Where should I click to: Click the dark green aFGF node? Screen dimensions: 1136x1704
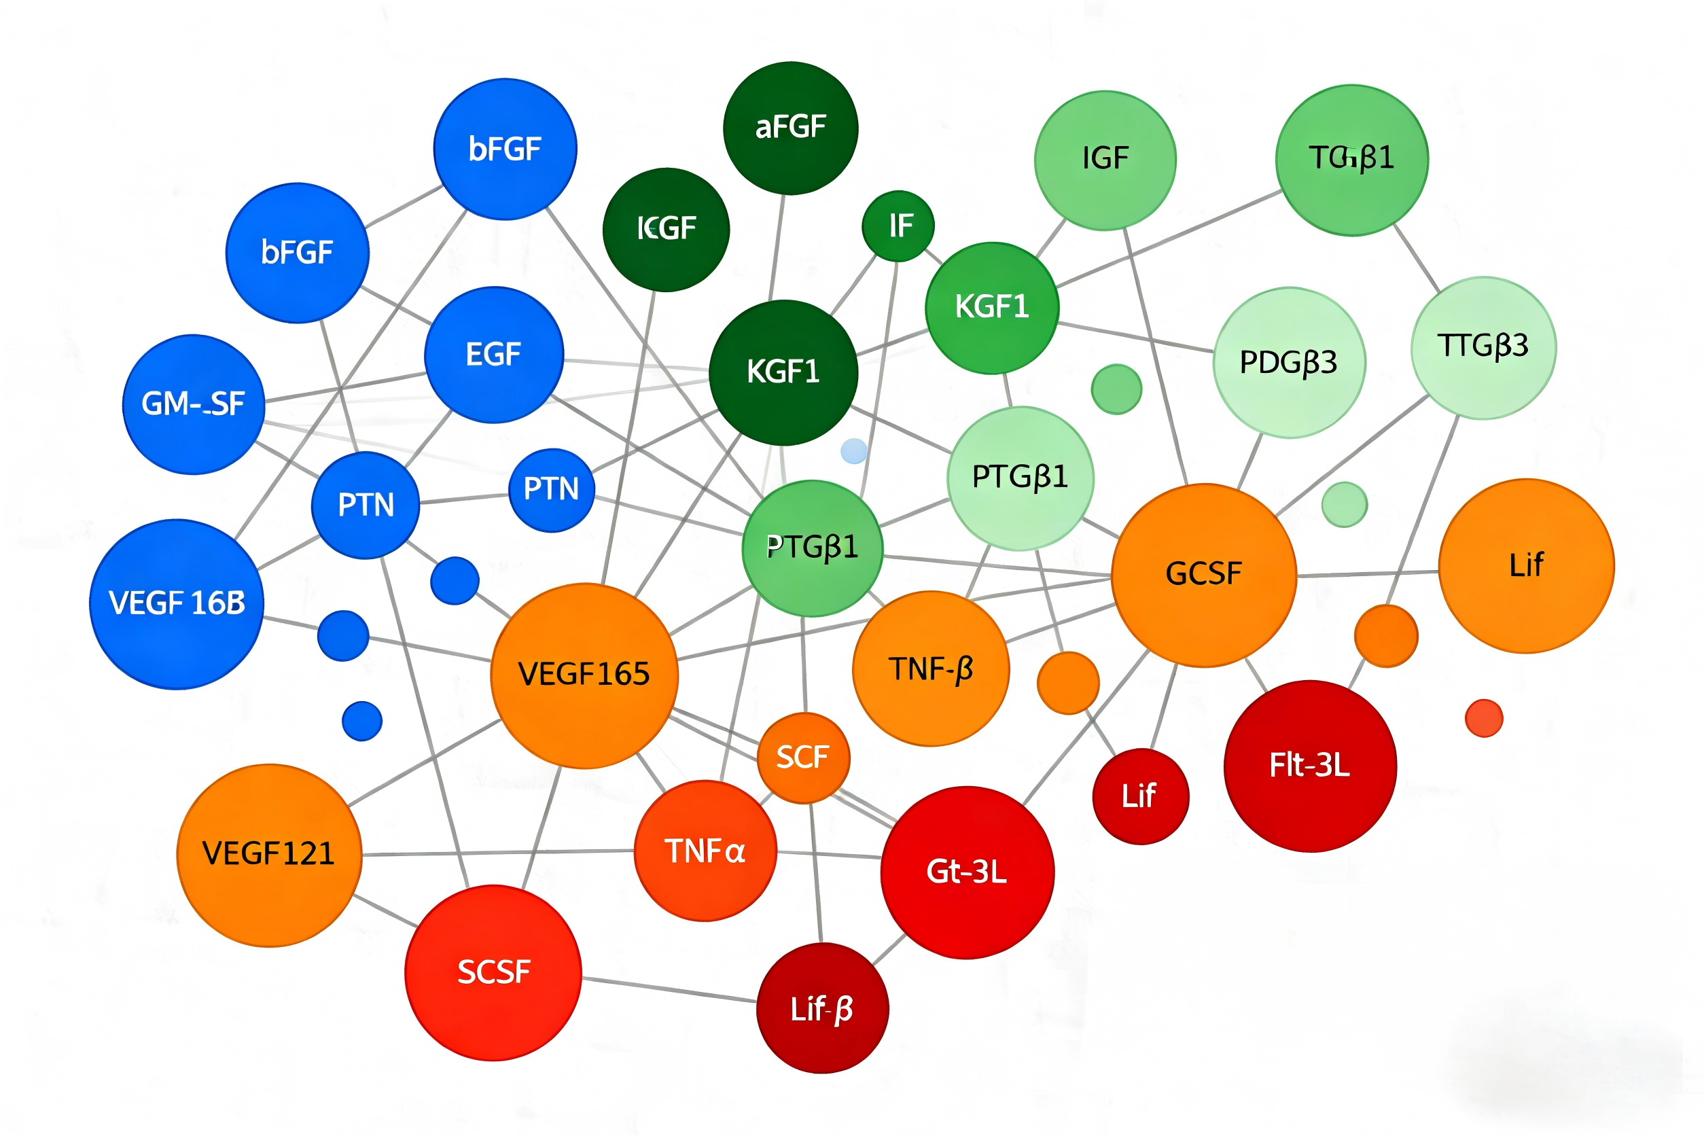pyautogui.click(x=790, y=128)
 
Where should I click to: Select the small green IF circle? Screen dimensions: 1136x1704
pyautogui.click(x=898, y=226)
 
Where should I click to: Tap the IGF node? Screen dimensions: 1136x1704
pyautogui.click(x=1105, y=160)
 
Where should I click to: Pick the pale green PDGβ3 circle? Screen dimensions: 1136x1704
pyautogui.click(x=1289, y=363)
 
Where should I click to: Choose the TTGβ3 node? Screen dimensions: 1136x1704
pyautogui.click(x=1483, y=347)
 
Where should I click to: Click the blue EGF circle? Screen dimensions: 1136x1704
pyautogui.click(x=494, y=355)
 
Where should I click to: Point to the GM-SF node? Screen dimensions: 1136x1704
pyautogui.click(x=194, y=404)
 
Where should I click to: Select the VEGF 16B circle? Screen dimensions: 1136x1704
pyautogui.click(x=177, y=603)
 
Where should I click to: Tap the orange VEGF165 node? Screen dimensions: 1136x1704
pyautogui.click(x=584, y=675)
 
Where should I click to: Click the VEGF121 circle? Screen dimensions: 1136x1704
pyautogui.click(x=269, y=855)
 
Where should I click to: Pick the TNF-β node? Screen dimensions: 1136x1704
pyautogui.click(x=930, y=669)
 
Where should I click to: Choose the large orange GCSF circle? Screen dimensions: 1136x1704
pyautogui.click(x=1203, y=575)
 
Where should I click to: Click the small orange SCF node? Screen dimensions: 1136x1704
pyautogui.click(x=802, y=758)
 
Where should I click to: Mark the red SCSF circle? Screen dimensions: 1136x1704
pyautogui.click(x=493, y=972)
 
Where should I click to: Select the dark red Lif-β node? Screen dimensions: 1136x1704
pyautogui.click(x=822, y=1008)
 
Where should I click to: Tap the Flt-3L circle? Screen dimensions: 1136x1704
pyautogui.click(x=1310, y=766)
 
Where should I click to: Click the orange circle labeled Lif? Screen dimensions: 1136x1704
pyautogui.click(x=1526, y=566)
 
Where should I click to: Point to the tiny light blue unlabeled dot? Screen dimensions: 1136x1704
pyautogui.click(x=853, y=450)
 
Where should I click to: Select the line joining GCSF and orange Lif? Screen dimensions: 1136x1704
pyautogui.click(x=1368, y=574)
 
